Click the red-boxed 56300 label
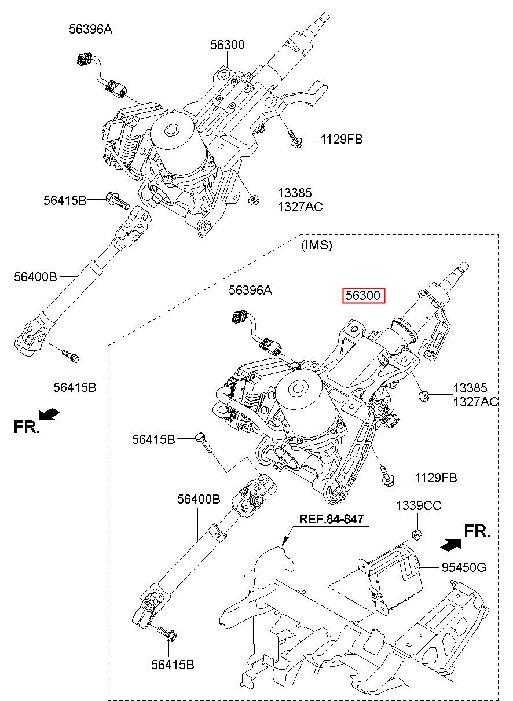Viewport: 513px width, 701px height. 363,296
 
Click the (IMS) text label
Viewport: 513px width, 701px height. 317,245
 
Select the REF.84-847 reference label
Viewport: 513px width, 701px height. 331,519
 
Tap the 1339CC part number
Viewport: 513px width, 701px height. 418,506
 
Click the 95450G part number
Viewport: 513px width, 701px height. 464,568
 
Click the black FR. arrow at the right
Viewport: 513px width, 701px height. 451,544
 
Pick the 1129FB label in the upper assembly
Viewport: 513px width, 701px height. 342,139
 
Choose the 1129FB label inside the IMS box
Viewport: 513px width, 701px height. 436,478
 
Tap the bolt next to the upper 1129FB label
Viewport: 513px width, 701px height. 294,139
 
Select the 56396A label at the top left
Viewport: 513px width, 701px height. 90,30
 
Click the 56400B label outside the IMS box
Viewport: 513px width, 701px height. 35,277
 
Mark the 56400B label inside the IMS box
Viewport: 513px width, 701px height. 199,498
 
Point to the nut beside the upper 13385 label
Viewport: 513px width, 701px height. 253,200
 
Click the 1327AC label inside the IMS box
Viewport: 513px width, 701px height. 475,402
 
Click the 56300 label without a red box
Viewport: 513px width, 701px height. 227,45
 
